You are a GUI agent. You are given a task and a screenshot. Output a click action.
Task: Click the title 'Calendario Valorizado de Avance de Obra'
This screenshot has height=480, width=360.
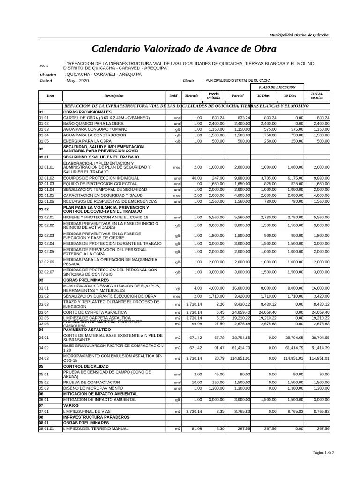(x=184, y=49)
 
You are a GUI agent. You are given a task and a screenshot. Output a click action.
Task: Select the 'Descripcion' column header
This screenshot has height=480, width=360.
(x=114, y=96)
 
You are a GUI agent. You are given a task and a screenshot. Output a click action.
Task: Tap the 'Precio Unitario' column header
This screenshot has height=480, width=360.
(x=213, y=96)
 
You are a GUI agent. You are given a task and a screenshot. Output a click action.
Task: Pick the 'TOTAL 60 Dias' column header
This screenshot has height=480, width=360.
(x=317, y=96)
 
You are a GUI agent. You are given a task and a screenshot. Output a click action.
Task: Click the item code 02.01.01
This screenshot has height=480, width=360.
(x=46, y=167)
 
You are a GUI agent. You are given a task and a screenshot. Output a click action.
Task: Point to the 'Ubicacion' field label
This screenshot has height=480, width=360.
(x=48, y=75)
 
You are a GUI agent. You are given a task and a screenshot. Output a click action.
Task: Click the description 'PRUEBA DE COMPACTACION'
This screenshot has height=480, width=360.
(x=91, y=382)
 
